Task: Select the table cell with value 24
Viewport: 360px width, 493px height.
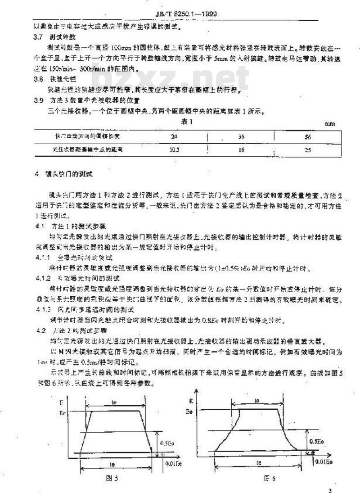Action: pos(175,136)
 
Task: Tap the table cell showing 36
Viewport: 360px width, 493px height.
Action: pos(241,136)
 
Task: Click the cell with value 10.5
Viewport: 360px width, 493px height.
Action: pos(175,149)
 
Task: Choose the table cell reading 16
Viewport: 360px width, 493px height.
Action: pos(241,150)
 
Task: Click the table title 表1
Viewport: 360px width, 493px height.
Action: pos(187,122)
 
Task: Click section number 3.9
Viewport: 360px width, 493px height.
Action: pos(39,100)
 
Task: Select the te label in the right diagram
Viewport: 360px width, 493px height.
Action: pos(259,462)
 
